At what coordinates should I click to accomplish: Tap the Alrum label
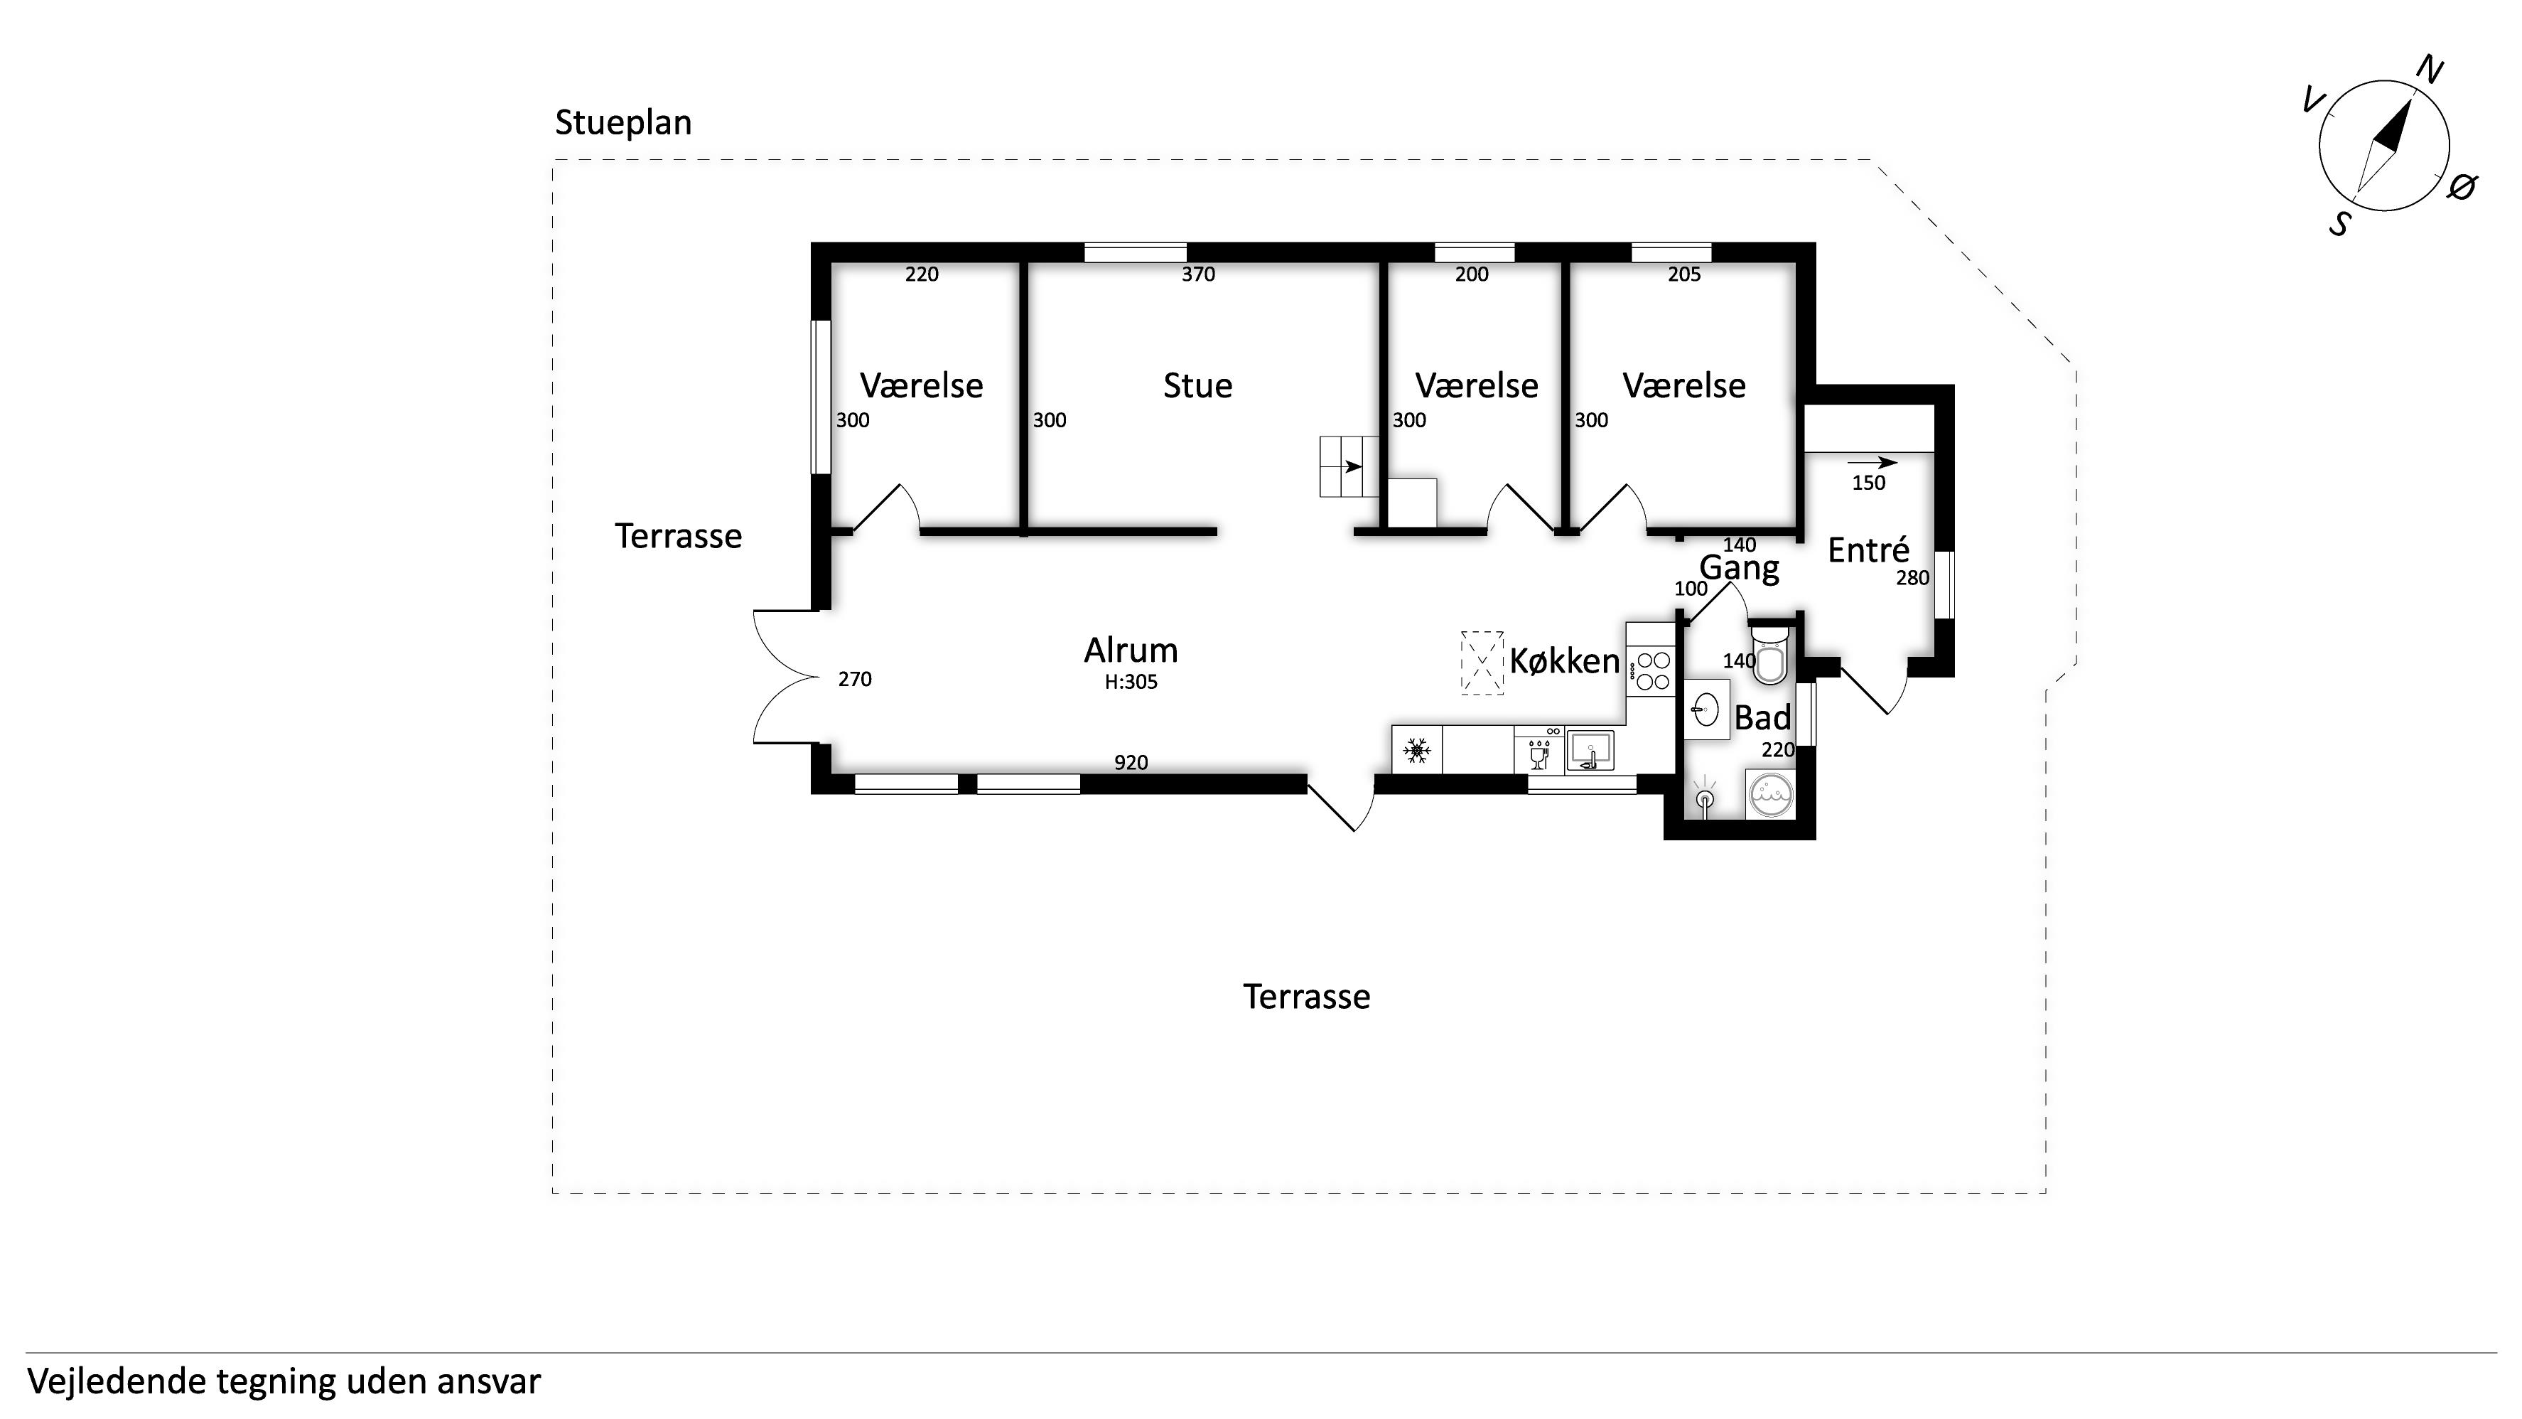[x=1131, y=650]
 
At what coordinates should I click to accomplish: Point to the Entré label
[x=1869, y=550]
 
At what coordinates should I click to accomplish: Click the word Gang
[x=1740, y=569]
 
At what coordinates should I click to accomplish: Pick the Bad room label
[x=1762, y=718]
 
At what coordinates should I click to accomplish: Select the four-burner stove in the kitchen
[x=1651, y=671]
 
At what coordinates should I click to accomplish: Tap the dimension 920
[x=1131, y=762]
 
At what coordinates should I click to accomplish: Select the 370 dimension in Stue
[x=1198, y=274]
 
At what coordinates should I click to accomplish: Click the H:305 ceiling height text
[x=1131, y=682]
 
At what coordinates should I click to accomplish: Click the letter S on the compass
[x=2339, y=224]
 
